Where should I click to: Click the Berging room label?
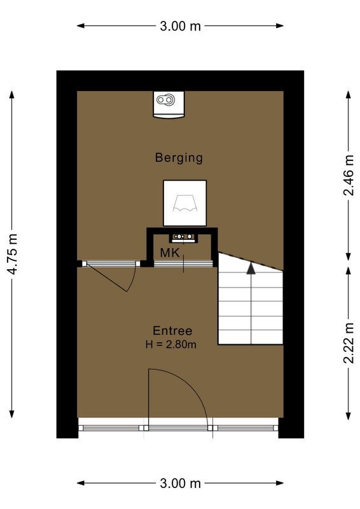tap(179, 157)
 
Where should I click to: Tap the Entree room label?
tap(172, 331)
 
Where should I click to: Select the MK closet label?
tap(169, 253)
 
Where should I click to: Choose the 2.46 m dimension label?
tap(348, 176)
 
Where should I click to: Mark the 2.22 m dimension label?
tap(348, 342)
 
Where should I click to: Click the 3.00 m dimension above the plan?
tap(180, 26)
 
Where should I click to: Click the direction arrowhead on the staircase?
tap(251, 268)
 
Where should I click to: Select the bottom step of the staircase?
tap(251, 337)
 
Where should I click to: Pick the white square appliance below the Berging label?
tap(185, 203)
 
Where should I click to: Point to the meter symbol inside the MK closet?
tap(185, 237)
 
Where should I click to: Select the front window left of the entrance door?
tap(113, 428)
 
